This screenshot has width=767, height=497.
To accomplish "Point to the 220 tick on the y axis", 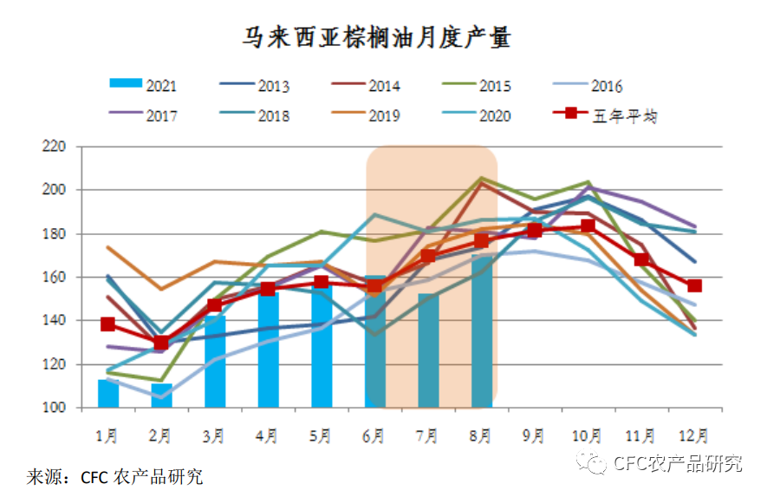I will click(55, 146).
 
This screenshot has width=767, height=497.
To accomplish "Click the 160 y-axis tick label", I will click(55, 277).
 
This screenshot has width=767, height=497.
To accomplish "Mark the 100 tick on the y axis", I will click(55, 407).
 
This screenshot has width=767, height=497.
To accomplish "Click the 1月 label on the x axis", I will click(108, 435).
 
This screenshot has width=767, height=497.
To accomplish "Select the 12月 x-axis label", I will click(694, 435).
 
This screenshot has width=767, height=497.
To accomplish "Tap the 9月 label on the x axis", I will click(535, 435).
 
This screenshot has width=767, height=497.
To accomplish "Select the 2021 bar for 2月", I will click(161, 396).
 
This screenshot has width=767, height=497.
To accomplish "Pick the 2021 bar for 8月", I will click(482, 334).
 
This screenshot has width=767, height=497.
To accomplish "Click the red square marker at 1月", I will click(108, 324).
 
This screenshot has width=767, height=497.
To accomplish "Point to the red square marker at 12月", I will click(694, 286).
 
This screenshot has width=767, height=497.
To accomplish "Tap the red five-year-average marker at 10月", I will click(588, 226).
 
